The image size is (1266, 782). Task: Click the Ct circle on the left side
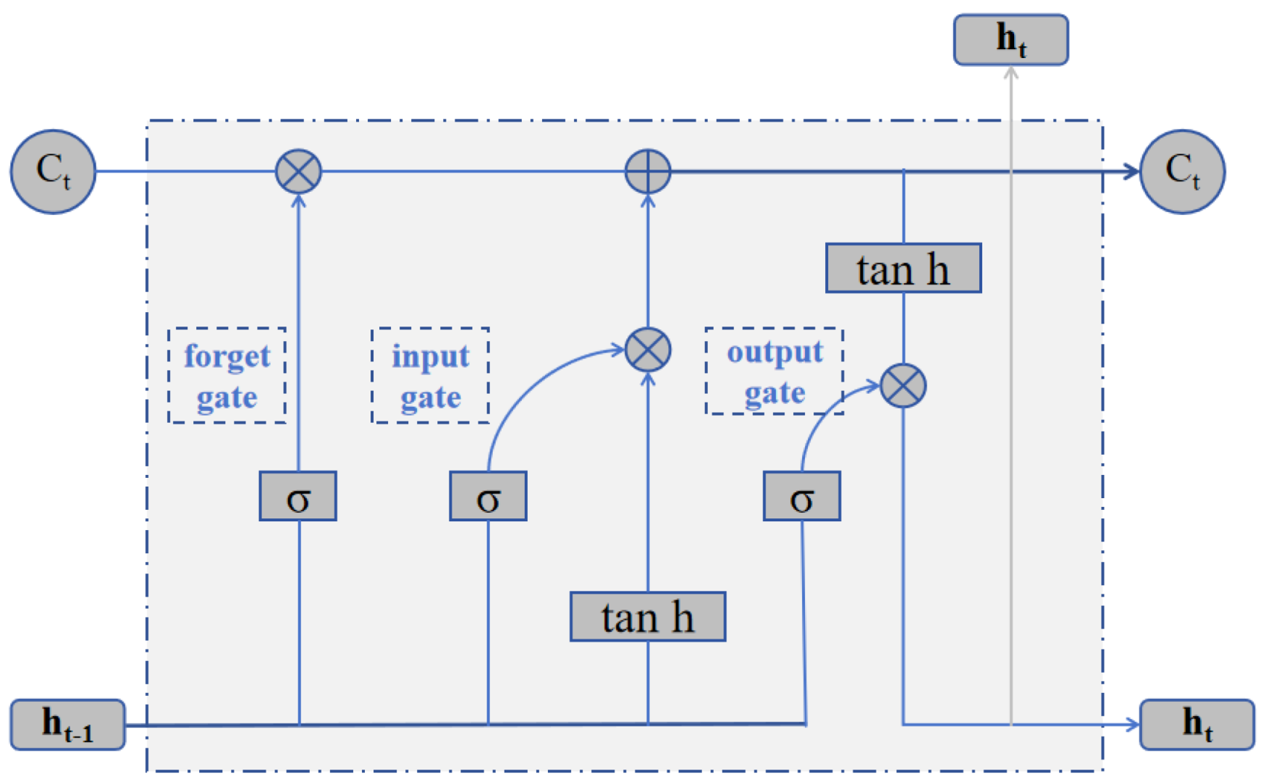pos(53,172)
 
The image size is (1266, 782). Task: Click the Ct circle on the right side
pos(1182,172)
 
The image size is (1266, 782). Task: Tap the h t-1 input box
pos(67,724)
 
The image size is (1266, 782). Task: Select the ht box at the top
pos(1010,40)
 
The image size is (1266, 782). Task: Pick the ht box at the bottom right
pos(1197,724)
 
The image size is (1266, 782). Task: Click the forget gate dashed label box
pos(227,375)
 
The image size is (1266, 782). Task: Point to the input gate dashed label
pos(430,375)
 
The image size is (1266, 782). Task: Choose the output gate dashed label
pos(774,371)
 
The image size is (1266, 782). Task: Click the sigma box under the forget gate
pos(298,497)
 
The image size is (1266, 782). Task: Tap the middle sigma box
pos(488,497)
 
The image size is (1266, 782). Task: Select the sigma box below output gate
pos(801,497)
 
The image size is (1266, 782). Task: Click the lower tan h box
pos(648,617)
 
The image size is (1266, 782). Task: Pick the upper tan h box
pos(903,269)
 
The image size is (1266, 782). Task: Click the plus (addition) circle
pos(648,172)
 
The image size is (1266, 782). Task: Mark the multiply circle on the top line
pos(298,172)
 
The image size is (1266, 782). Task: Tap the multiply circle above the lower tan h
pos(648,350)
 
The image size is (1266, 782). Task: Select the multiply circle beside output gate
pos(903,385)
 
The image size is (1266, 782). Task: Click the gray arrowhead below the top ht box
pos(1011,72)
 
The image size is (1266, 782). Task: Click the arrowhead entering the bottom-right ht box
pos(1134,724)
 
